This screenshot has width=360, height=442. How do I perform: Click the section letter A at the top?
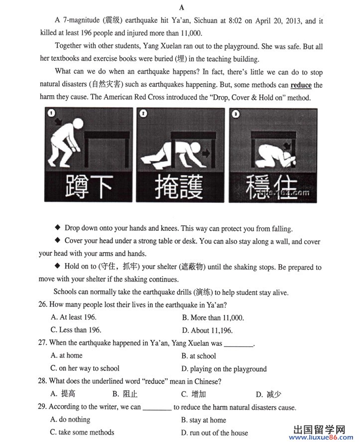(x=181, y=7)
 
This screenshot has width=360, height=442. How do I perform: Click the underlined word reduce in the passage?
(x=301, y=85)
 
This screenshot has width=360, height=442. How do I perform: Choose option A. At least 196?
(x=73, y=317)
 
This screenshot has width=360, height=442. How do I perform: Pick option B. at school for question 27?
(x=199, y=356)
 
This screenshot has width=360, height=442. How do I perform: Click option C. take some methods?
(x=82, y=432)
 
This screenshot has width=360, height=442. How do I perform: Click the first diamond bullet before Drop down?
(x=58, y=228)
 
